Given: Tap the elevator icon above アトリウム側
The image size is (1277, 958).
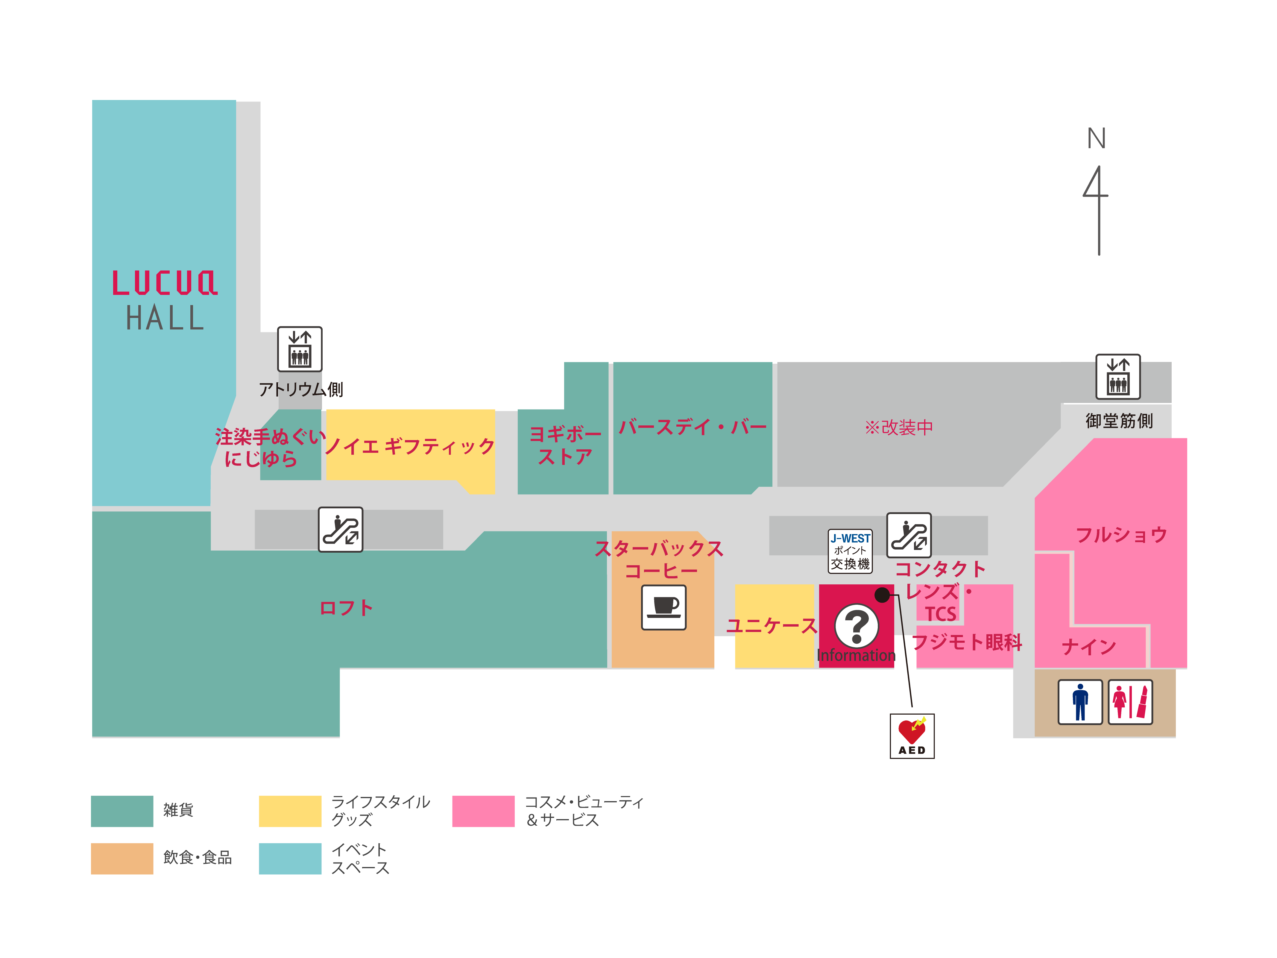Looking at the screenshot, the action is pyautogui.click(x=300, y=349).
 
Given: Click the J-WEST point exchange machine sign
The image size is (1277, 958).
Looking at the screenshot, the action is pyautogui.click(x=850, y=551).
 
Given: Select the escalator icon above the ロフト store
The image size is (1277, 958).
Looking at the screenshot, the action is pyautogui.click(x=341, y=530).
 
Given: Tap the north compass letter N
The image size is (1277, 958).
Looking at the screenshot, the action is pyautogui.click(x=1096, y=139).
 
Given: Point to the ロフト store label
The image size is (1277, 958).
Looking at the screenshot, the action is pyautogui.click(x=346, y=607).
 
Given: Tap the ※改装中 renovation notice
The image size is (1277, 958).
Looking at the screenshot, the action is pyautogui.click(x=898, y=427).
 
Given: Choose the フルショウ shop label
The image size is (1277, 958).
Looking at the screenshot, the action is pyautogui.click(x=1121, y=535).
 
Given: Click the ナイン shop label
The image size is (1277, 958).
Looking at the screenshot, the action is pyautogui.click(x=1089, y=646).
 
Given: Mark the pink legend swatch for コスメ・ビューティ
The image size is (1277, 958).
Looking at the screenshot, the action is pyautogui.click(x=483, y=811).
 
